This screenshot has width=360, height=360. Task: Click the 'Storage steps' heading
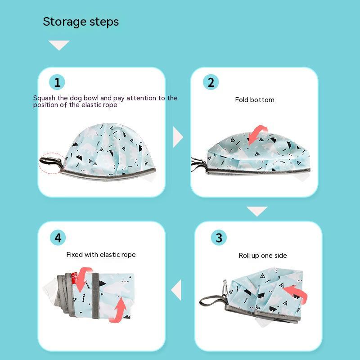click(81, 22)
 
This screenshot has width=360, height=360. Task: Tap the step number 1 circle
click(57, 82)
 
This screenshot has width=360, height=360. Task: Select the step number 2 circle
click(211, 82)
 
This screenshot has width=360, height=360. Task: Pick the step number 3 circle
click(219, 238)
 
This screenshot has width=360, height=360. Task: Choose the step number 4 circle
click(58, 238)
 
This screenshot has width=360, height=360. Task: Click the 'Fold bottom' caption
click(255, 100)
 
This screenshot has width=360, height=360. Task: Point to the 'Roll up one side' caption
click(263, 256)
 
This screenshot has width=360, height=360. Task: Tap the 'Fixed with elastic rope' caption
click(101, 255)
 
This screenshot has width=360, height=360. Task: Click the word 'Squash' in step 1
click(44, 98)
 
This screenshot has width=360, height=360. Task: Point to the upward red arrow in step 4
click(119, 310)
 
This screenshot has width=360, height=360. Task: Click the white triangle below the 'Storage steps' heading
click(59, 44)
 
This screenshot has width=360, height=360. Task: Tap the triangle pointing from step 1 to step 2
click(177, 137)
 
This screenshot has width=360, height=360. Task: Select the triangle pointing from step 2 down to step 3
click(257, 210)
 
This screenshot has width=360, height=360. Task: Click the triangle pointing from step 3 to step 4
click(177, 290)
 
